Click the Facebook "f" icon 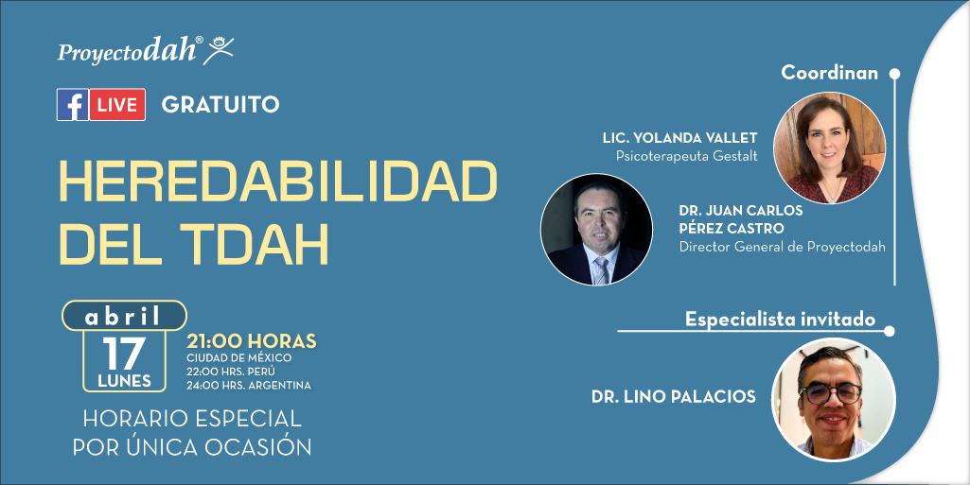(x=72, y=104)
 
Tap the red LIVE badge (x=117, y=104)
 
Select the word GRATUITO (x=220, y=104)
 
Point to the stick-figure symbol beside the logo (x=219, y=50)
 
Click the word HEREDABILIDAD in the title (x=278, y=182)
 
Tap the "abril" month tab (x=124, y=317)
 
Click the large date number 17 (x=124, y=354)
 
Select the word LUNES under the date (x=124, y=381)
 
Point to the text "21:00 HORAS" (x=252, y=341)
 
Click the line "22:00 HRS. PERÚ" (x=231, y=372)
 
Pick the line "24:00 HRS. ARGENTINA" (x=249, y=386)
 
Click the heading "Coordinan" (x=830, y=73)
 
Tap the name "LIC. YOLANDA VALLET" (x=679, y=138)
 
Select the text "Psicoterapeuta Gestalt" (x=687, y=156)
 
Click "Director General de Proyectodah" (x=782, y=247)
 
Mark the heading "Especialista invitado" (x=780, y=320)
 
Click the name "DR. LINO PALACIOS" (x=674, y=397)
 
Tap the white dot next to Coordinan (x=894, y=74)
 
